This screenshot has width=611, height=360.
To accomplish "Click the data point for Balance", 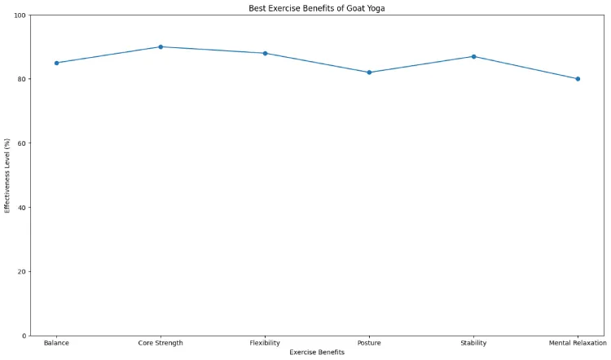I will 56,63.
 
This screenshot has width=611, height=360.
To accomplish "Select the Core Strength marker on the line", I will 160,46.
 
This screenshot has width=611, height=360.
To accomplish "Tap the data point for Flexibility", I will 265,53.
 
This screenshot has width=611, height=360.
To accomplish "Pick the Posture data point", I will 369,72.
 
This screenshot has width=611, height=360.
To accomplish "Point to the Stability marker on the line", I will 473,56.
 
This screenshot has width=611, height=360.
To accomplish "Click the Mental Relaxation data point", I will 578,79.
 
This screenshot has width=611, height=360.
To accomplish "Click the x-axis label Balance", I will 56,343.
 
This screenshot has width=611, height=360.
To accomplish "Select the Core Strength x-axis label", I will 160,343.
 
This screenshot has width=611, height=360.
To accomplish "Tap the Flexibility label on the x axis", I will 265,343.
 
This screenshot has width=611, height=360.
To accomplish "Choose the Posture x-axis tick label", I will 369,343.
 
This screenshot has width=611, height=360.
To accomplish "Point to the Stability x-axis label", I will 473,343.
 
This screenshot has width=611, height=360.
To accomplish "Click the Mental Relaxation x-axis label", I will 578,343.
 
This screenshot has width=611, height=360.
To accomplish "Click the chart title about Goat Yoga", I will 317,8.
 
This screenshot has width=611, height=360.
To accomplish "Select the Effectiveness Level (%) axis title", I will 7,175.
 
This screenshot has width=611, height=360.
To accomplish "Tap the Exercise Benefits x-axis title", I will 317,353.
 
